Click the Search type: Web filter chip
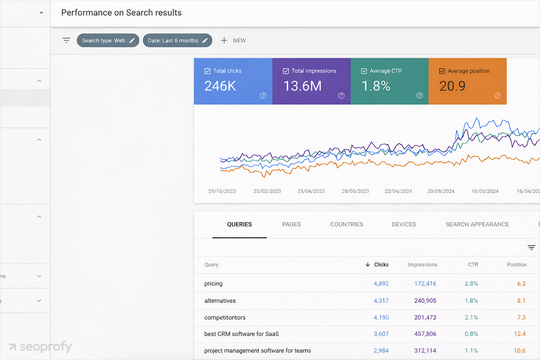[108, 40]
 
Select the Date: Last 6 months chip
[177, 40]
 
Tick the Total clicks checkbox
[207, 71]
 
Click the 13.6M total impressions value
[302, 86]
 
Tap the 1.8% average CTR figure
[376, 86]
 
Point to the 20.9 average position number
[452, 86]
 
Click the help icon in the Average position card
[498, 95]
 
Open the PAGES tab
[291, 224]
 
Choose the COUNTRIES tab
[346, 224]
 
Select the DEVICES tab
[404, 224]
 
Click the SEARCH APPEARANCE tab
[477, 224]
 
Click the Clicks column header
[381, 265]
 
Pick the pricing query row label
[213, 283]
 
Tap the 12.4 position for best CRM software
[520, 334]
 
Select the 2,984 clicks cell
[381, 351]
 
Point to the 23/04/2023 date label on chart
[311, 191]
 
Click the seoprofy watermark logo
[40, 347]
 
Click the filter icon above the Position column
[531, 247]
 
